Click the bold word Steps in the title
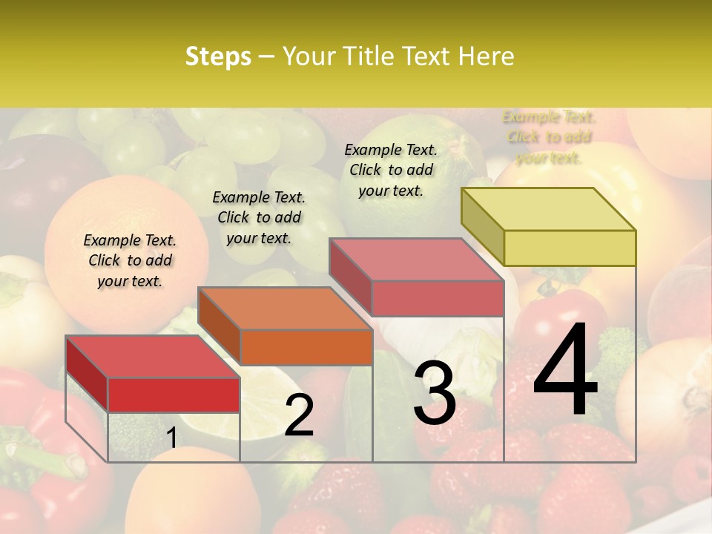(218, 56)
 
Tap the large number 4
(565, 371)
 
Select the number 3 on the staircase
(435, 393)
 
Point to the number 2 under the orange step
(299, 415)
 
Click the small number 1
(171, 438)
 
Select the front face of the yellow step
(570, 248)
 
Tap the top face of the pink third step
(415, 260)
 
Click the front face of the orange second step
(306, 347)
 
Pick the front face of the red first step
(174, 395)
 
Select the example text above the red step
(130, 261)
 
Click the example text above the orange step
(259, 217)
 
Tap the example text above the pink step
(391, 170)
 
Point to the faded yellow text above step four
(549, 137)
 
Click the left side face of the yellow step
(483, 226)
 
